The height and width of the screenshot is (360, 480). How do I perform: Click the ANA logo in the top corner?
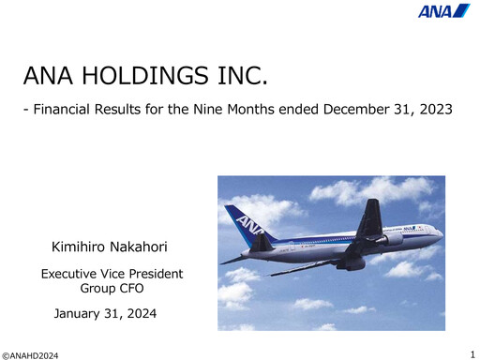pyautogui.click(x=444, y=11)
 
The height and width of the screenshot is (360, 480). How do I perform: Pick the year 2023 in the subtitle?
pyautogui.click(x=434, y=111)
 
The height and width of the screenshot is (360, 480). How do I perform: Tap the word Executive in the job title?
pyautogui.click(x=71, y=274)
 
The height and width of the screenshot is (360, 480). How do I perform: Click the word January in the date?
pyautogui.click(x=82, y=311)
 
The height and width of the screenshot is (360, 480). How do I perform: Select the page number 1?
pyautogui.click(x=472, y=352)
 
